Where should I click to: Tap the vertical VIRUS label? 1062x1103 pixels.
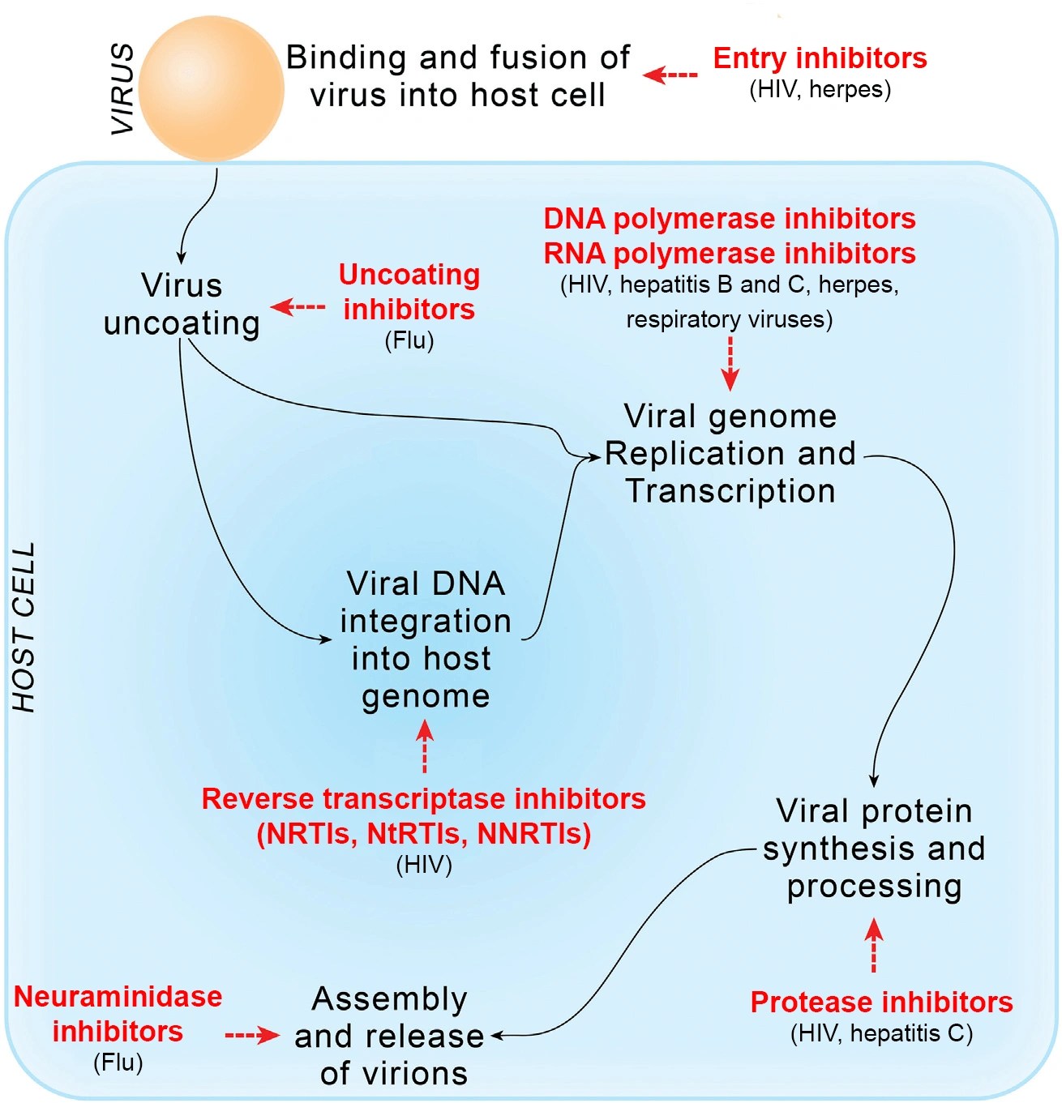[122, 89]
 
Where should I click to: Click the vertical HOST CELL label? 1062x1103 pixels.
[24, 627]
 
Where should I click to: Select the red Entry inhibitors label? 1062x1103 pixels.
[820, 58]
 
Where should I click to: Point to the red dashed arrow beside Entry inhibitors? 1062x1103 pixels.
[670, 75]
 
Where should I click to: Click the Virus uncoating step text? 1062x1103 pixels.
[182, 304]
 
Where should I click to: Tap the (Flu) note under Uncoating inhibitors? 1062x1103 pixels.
[409, 340]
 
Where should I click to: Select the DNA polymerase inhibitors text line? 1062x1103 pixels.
[729, 219]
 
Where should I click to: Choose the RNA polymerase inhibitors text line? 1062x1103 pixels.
[729, 254]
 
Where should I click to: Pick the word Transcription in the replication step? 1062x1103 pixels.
[730, 491]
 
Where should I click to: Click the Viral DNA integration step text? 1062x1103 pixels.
[425, 639]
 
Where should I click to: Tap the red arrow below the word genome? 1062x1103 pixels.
[425, 746]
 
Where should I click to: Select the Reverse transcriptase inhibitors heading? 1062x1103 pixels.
[423, 799]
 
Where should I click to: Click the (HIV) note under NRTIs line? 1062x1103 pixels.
[424, 866]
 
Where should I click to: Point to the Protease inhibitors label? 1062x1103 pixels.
[881, 1003]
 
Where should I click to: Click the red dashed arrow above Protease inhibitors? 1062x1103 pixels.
[873, 945]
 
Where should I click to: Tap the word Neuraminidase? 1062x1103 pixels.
[118, 997]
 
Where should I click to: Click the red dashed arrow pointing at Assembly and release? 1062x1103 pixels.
[252, 1036]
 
